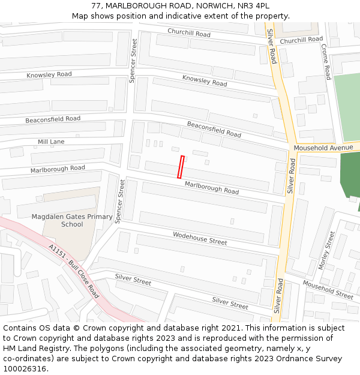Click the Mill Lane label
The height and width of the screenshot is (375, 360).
(x=51, y=142)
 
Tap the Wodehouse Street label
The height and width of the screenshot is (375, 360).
(x=200, y=238)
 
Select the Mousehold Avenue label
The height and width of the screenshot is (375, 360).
(x=323, y=148)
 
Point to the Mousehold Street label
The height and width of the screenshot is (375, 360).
(x=328, y=289)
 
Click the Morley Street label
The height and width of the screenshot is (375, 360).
(x=327, y=251)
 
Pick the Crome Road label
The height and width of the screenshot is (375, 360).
(x=326, y=62)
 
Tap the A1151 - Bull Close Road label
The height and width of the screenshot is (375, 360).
(x=74, y=271)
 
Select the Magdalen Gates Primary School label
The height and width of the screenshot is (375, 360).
(x=72, y=220)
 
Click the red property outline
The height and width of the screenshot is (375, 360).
(x=181, y=167)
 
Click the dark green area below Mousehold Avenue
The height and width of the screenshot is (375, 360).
(x=349, y=175)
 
